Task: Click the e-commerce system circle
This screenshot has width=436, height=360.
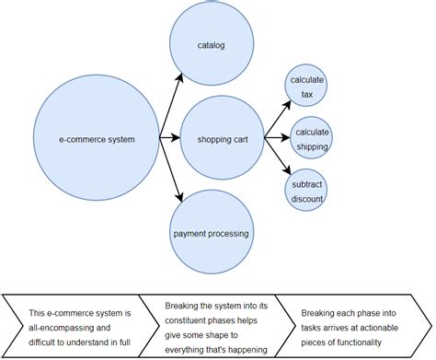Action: click(97, 140)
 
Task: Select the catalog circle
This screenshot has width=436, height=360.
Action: click(211, 44)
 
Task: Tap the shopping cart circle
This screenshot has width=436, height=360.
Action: click(221, 139)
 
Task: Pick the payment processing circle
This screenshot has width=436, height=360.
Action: click(211, 234)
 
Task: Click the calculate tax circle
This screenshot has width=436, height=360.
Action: click(307, 87)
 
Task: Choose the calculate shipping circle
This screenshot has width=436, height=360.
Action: click(311, 138)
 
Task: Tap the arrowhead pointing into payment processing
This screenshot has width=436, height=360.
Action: click(180, 196)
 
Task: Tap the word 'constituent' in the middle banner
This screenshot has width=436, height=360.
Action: click(190, 319)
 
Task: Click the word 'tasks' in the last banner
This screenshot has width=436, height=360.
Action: click(317, 327)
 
